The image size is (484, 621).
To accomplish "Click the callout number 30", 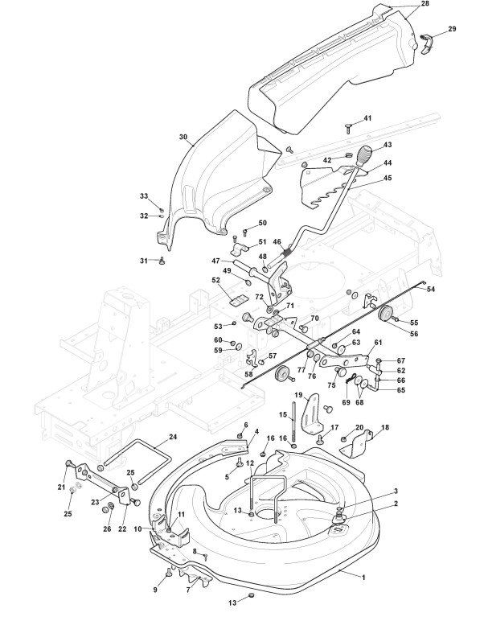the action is point(183,137).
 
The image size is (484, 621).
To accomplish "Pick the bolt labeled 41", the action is point(349,129).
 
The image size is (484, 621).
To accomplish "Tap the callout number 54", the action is point(431,289).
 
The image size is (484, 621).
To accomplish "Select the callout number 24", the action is point(173,438).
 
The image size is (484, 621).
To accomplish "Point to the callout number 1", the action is point(363,578).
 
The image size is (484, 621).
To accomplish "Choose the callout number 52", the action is point(215,280).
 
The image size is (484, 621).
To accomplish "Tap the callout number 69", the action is point(347,402).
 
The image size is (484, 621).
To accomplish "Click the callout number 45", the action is point(388,178).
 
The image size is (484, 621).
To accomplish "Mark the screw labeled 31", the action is point(162,261).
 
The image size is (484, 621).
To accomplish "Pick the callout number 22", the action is point(122,528).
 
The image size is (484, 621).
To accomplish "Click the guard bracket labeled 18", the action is point(357,443).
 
